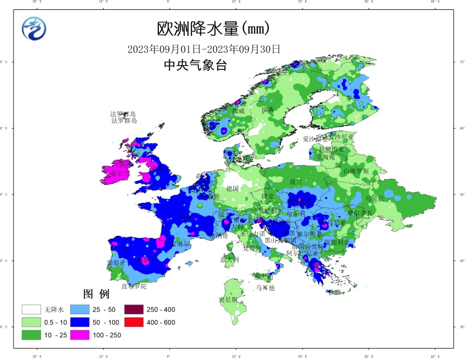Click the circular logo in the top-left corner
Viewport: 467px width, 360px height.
click(34, 29)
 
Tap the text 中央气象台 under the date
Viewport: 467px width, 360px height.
click(195, 66)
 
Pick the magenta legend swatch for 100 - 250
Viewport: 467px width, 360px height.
click(81, 335)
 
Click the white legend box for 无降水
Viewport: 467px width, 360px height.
click(31, 310)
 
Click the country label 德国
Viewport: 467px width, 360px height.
click(232, 188)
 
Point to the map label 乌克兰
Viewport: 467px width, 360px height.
click(375, 199)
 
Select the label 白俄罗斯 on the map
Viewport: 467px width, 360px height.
click(356, 171)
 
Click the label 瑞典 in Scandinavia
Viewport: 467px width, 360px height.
click(268, 110)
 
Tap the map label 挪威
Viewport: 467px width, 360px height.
click(238, 111)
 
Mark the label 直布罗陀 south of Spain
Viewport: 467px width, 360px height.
click(134, 286)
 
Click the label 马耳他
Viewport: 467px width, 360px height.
click(265, 288)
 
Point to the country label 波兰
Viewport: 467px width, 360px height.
click(296, 182)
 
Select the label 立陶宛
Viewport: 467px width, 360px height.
click(326, 157)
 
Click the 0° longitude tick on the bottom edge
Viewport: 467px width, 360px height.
click(169, 356)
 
